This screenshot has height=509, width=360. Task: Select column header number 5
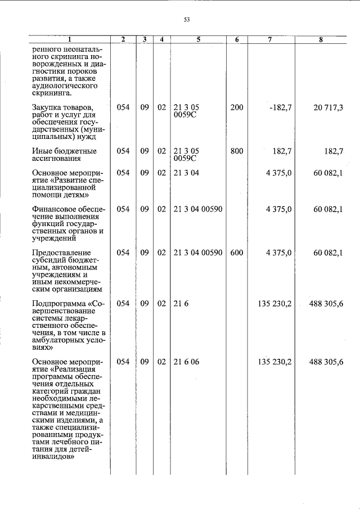[199, 39]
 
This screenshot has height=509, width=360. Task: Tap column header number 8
[327, 39]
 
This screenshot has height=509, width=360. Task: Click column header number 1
[70, 39]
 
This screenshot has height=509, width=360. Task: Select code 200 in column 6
[237, 107]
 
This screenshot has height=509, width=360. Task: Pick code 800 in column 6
[237, 151]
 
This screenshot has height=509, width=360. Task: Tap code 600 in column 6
[237, 253]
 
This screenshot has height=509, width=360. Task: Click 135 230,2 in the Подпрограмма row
[274, 304]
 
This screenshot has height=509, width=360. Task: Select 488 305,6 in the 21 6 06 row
[326, 362]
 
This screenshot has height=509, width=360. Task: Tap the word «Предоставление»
[62, 253]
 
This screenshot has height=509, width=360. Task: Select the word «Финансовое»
[55, 209]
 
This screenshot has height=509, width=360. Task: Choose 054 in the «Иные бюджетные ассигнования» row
[123, 151]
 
